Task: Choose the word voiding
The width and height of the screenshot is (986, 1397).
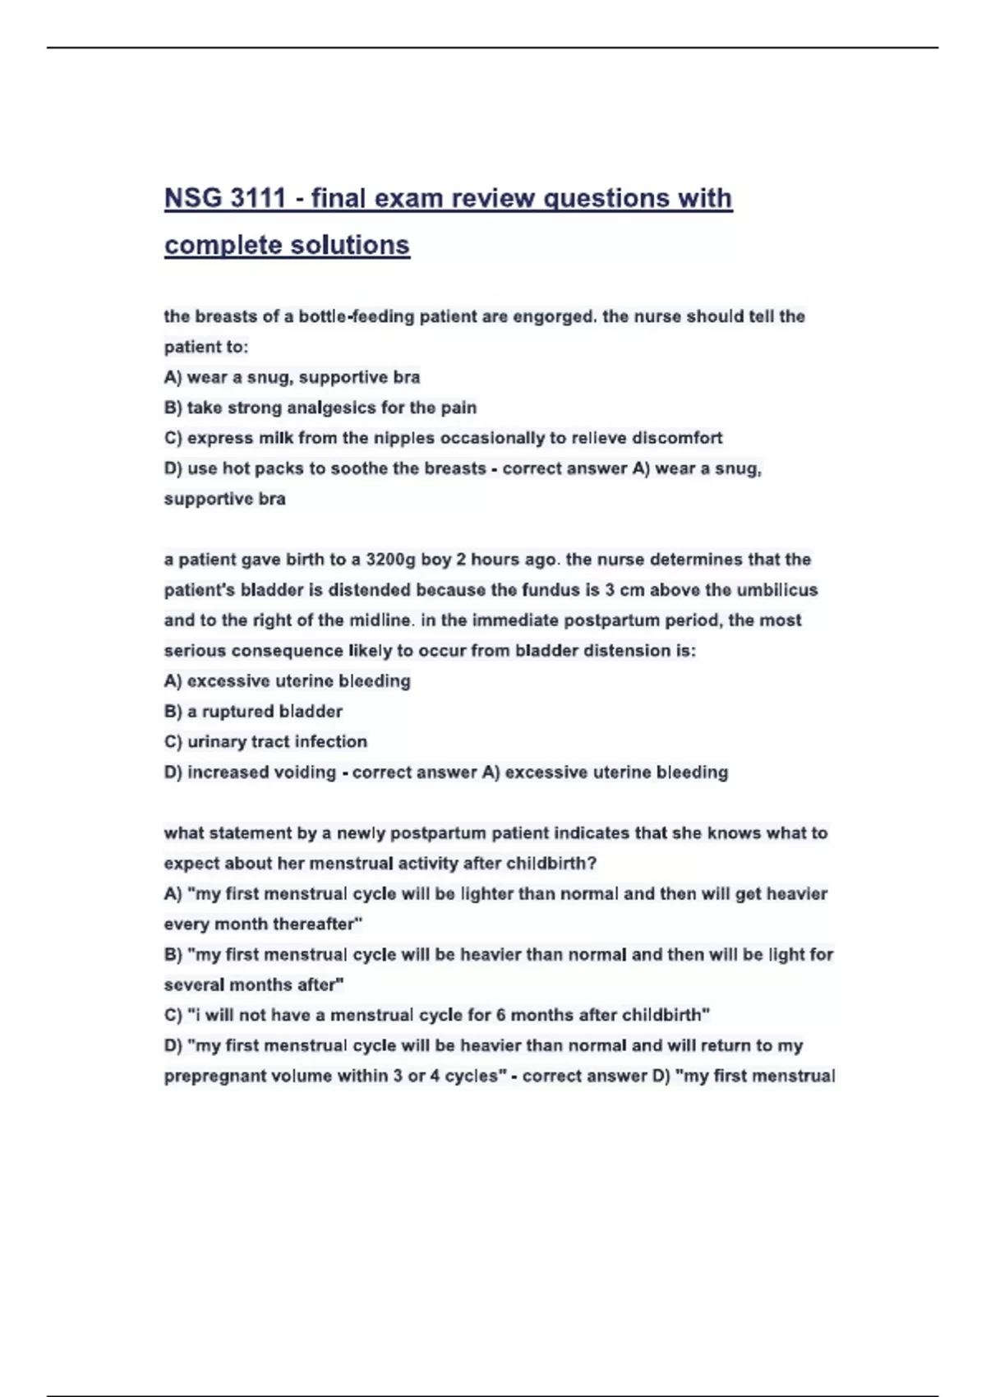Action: [306, 772]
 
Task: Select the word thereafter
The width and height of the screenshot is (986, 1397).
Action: [317, 924]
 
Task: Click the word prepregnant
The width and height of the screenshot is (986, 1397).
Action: [215, 1077]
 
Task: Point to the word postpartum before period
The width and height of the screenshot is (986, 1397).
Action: [628, 620]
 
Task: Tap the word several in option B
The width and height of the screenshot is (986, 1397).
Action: [194, 985]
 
